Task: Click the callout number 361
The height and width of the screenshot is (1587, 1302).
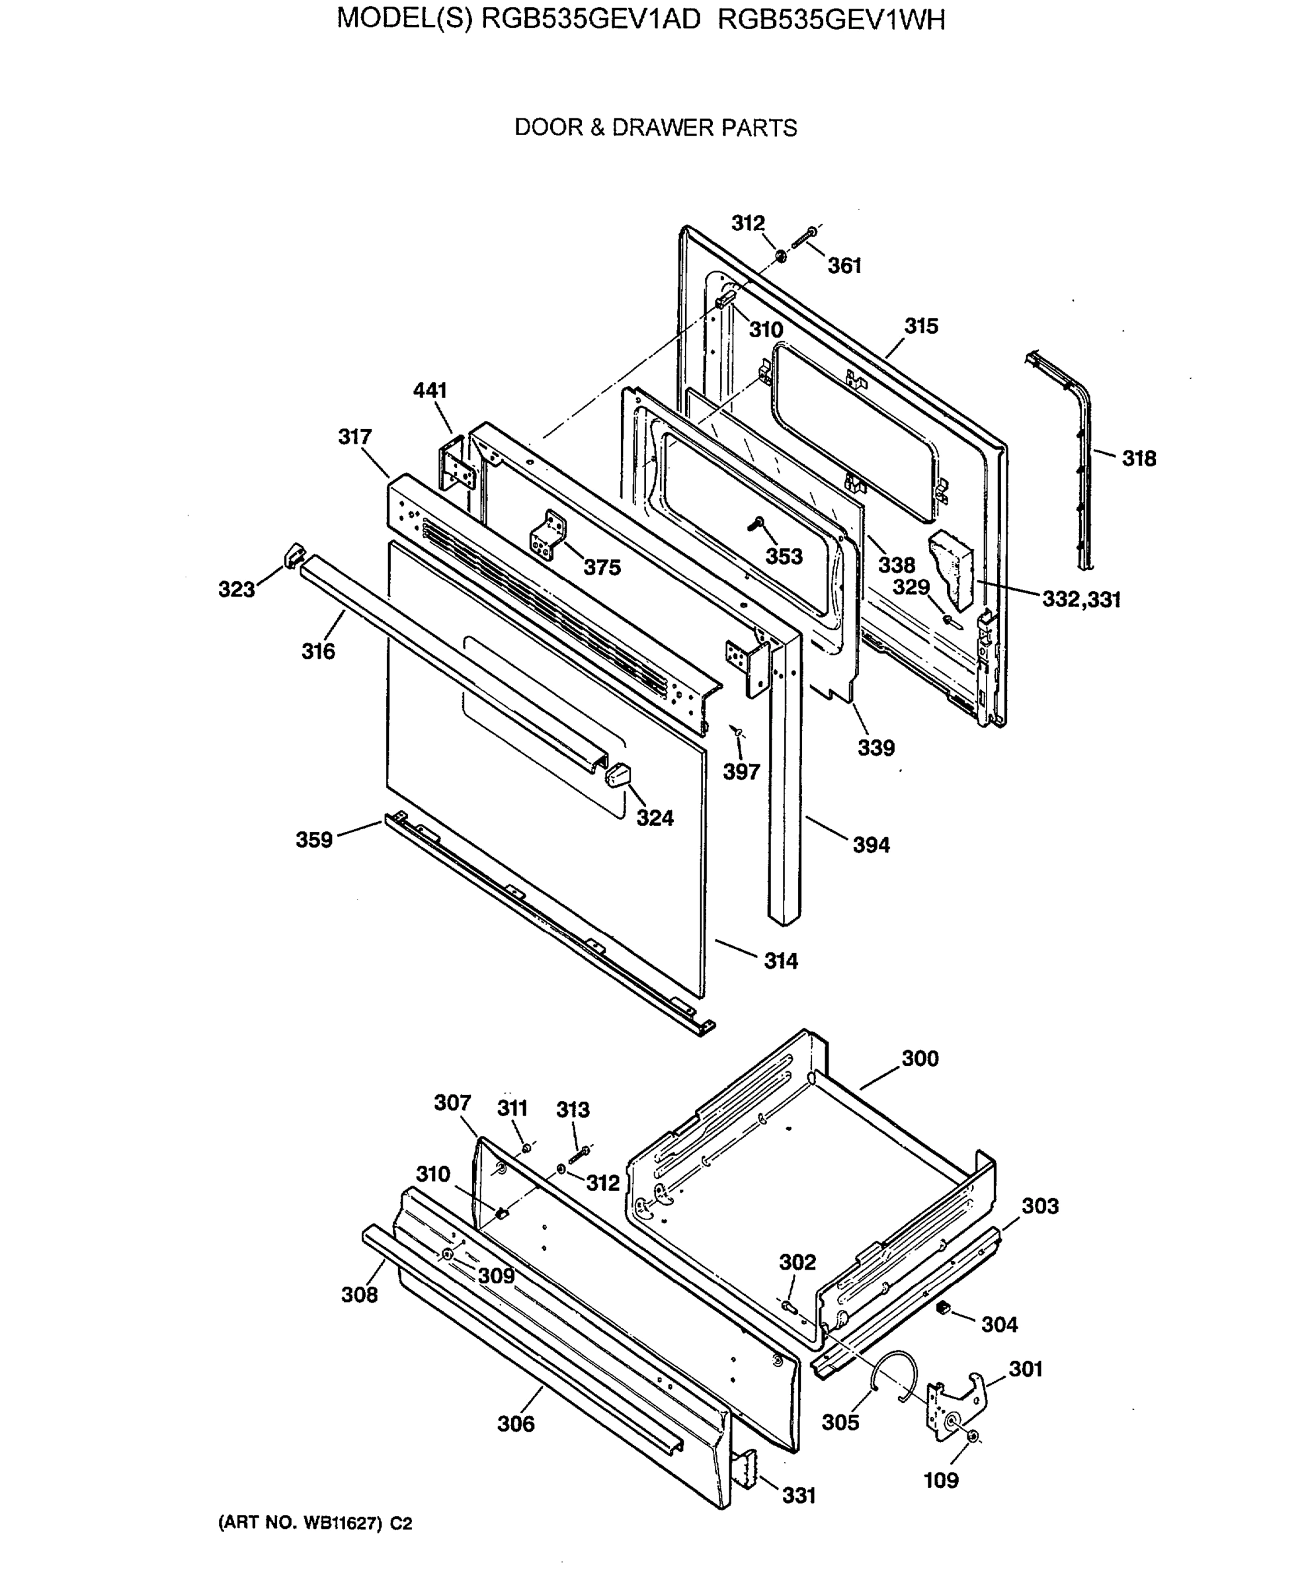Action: point(844,266)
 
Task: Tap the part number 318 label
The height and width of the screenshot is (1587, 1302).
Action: point(1139,458)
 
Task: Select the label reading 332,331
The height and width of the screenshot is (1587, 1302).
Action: point(1080,599)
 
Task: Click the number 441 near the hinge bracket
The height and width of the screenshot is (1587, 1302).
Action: point(430,390)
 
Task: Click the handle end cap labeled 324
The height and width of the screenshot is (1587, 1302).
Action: point(617,774)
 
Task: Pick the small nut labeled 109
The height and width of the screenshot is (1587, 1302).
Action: point(972,1436)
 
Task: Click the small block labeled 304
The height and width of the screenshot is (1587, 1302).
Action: point(944,1307)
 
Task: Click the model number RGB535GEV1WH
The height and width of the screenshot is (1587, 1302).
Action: point(831,19)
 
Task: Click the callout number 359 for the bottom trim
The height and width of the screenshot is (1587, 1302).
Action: point(313,839)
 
